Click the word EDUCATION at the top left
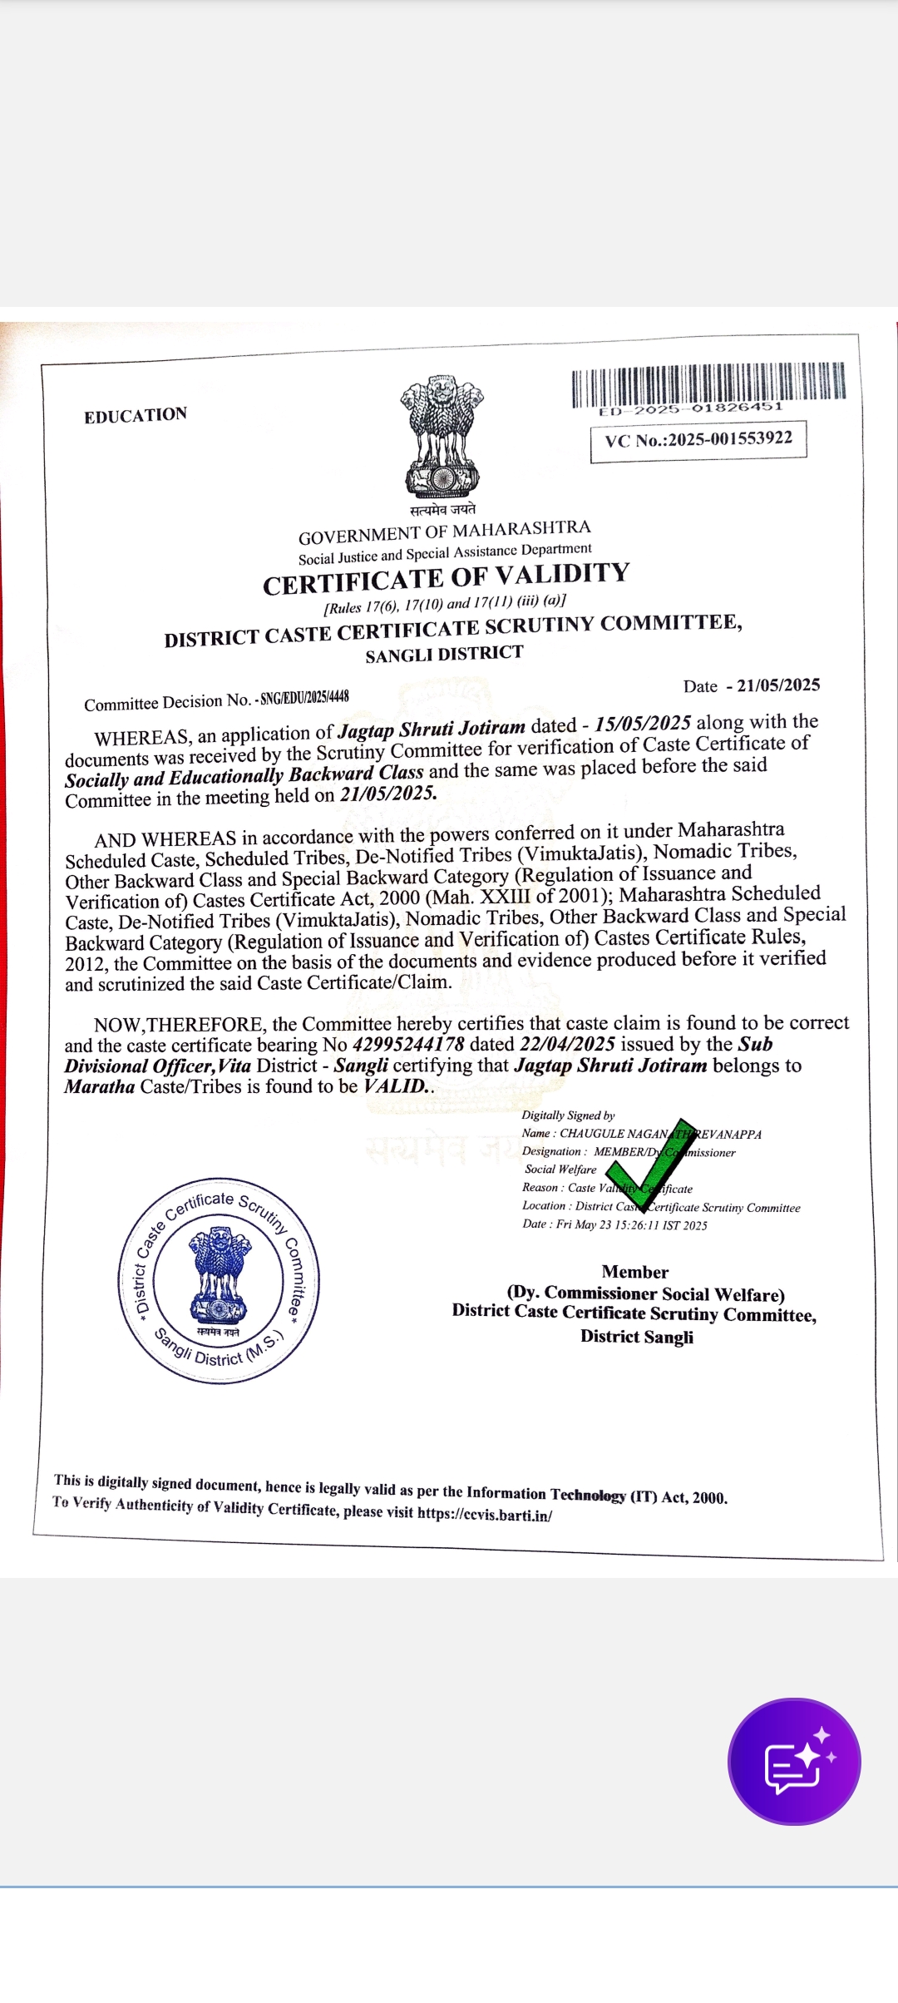(x=136, y=415)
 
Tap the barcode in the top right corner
(x=708, y=384)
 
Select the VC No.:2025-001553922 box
(x=698, y=439)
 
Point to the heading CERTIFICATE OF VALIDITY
(x=447, y=578)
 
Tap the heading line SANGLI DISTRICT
(x=444, y=654)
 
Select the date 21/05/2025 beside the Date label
(x=778, y=685)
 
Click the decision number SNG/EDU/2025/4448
(x=304, y=698)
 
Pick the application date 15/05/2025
(x=643, y=724)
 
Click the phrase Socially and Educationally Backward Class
(x=244, y=776)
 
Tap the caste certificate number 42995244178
(x=408, y=1045)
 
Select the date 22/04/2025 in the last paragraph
(x=567, y=1044)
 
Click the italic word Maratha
(x=100, y=1086)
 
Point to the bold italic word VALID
(x=396, y=1086)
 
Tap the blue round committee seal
(x=219, y=1280)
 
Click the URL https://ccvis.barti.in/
(x=485, y=1514)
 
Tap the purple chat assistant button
(x=794, y=1761)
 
